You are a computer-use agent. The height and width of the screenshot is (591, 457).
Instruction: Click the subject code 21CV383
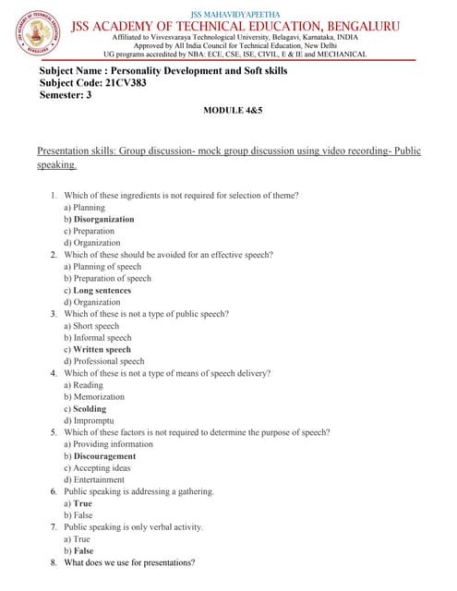[120, 83]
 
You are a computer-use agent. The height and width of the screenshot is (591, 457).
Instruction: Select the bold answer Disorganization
[103, 220]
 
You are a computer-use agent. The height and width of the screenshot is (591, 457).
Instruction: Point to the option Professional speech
[109, 362]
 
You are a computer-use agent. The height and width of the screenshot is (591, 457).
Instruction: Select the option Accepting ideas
[100, 468]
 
